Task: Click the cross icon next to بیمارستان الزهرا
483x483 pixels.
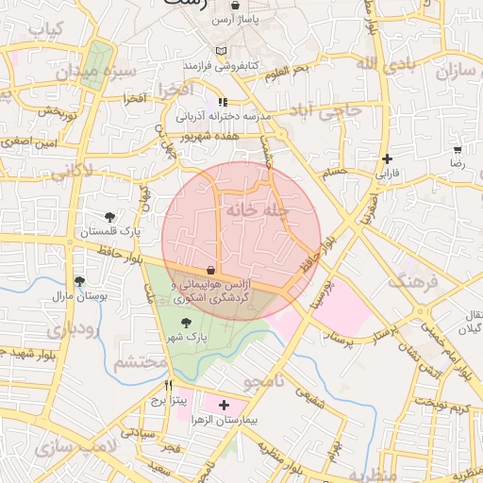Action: tap(223, 405)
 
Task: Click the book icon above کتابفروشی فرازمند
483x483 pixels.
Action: tap(222, 51)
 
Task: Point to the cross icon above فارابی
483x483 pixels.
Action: tap(387, 158)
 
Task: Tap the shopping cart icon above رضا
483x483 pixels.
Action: tap(458, 150)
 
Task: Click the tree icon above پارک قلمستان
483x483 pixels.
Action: tap(110, 217)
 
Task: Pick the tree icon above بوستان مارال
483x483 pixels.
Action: tap(79, 281)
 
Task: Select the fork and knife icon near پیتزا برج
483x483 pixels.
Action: tap(169, 386)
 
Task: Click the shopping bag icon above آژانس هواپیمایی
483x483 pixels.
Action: tap(210, 271)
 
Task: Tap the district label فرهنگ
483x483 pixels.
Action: tap(414, 281)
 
